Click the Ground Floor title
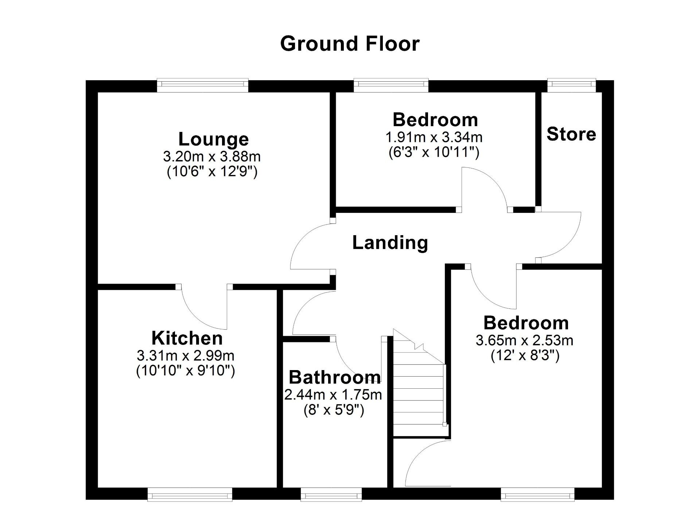pos(350,44)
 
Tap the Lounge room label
pos(213,139)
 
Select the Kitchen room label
pos(187,338)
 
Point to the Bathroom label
pos(335,377)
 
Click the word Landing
pos(390,243)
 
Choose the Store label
pos(571,134)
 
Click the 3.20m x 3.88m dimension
pos(212,157)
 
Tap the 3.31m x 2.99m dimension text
pos(186,355)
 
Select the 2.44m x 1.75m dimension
pos(333,395)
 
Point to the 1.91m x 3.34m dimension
pos(434,137)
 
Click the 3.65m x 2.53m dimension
pos(524,341)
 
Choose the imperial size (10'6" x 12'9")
pos(212,171)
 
